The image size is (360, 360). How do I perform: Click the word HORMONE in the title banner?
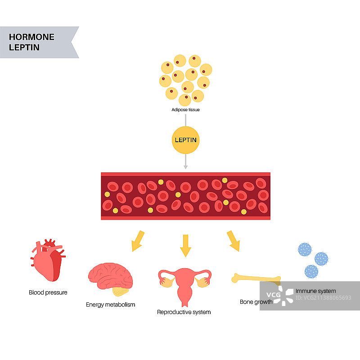[x=31, y=37]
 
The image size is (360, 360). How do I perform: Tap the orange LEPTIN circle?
[x=185, y=139]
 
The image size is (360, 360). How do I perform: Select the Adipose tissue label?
[x=185, y=110]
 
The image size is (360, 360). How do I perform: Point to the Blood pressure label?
[x=48, y=292]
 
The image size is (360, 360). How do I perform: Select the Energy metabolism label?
[x=110, y=305]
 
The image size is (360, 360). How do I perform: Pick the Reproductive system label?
[x=184, y=312]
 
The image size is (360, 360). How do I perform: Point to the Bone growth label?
[x=256, y=302]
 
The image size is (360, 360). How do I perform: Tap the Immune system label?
[x=315, y=291]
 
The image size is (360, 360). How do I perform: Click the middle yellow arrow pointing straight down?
[x=185, y=245]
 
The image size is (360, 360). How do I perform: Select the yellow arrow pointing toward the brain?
[x=137, y=240]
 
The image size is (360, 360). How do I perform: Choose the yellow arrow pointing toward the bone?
[x=233, y=240]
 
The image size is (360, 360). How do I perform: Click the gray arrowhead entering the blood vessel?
[x=185, y=167]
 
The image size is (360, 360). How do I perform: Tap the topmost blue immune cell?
[x=305, y=250]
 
